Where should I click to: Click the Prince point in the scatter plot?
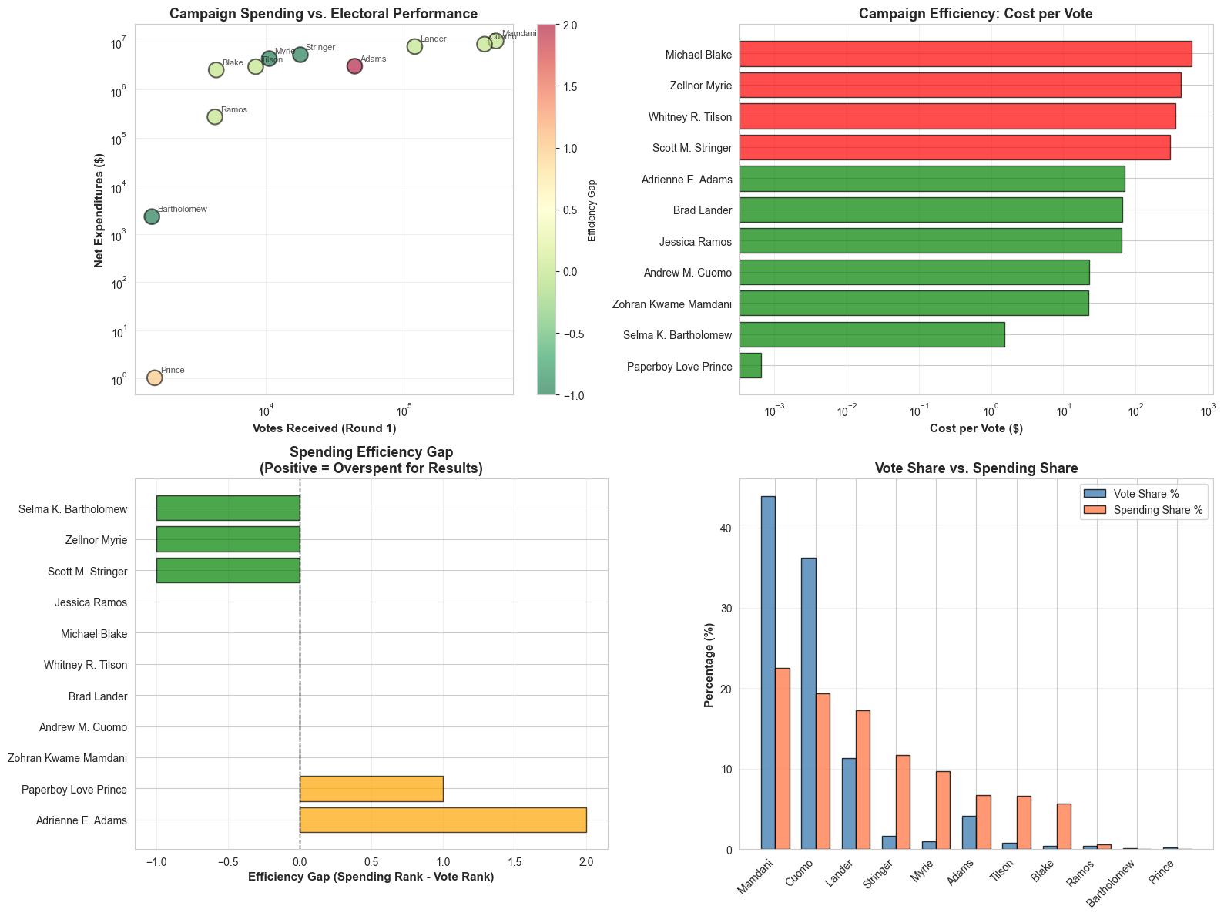pos(154,377)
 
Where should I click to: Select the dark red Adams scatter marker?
pos(354,66)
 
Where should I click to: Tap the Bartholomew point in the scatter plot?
pos(152,216)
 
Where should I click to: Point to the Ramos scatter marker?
pos(215,117)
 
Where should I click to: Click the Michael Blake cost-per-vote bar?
pos(965,54)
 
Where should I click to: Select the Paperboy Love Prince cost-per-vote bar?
pos(750,365)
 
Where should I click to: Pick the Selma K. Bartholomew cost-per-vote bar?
pos(872,334)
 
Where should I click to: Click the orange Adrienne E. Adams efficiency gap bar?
pos(443,820)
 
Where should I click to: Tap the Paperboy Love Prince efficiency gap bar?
pos(371,789)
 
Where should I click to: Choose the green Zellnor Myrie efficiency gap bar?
pos(228,539)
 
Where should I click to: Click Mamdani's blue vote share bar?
pos(768,673)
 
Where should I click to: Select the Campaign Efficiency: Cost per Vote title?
pos(976,14)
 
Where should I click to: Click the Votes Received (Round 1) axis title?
pos(324,428)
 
